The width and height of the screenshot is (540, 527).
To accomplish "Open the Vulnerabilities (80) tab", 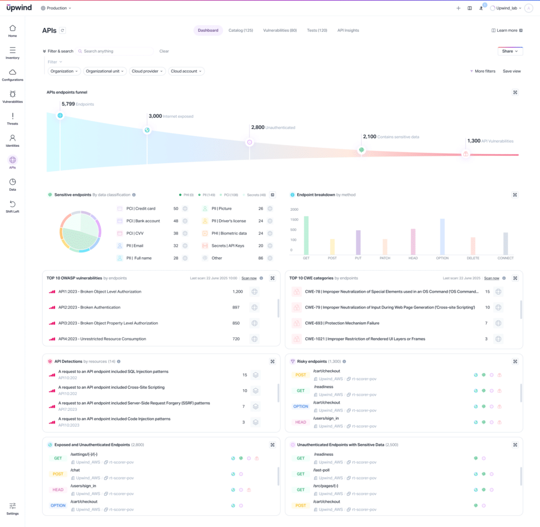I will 279,31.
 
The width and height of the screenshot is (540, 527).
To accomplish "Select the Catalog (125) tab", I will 240,31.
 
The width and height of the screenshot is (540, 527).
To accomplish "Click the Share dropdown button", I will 510,51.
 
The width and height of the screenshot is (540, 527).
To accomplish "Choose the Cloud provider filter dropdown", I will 147,71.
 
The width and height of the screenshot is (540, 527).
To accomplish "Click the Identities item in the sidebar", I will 13,140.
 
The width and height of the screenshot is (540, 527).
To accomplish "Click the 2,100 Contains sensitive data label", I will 391,137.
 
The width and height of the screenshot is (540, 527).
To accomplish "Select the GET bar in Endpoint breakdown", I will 306,235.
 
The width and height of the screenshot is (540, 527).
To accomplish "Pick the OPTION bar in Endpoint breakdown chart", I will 442,237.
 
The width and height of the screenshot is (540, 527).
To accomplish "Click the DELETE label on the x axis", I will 473,258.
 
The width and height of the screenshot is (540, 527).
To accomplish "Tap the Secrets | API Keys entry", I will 228,246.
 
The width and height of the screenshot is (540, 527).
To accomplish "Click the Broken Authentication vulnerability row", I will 89,307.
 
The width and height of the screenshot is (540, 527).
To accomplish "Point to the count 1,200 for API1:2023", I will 237,291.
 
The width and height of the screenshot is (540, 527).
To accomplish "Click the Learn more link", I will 507,31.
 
